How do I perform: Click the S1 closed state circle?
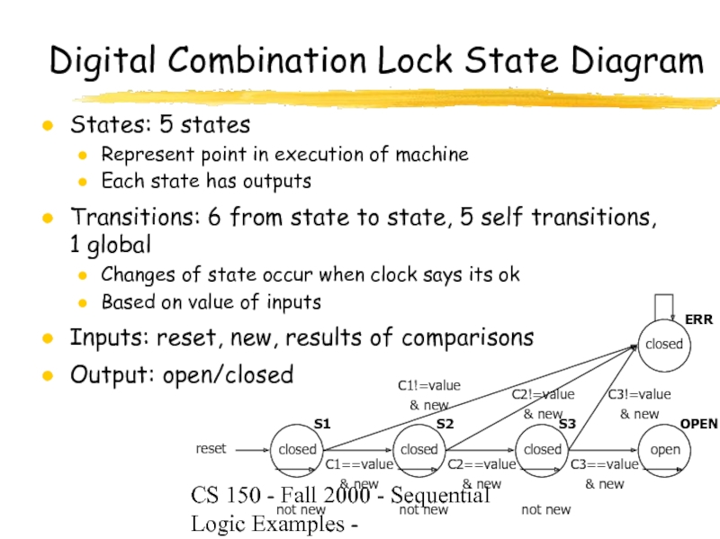point(297,449)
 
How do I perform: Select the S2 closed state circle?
point(418,449)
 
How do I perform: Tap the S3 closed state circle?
point(542,449)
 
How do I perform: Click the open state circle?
point(665,449)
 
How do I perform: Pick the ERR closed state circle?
point(664,344)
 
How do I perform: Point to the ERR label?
point(698,319)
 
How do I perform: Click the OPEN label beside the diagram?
point(698,423)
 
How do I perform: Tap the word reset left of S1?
point(211,448)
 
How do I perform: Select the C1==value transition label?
point(359,464)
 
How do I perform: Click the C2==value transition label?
point(482,464)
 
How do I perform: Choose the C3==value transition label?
point(605,464)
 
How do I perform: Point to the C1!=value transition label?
point(429,386)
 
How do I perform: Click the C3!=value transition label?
point(640,394)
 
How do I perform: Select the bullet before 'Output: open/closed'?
point(47,374)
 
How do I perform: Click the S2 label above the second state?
point(445,424)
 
